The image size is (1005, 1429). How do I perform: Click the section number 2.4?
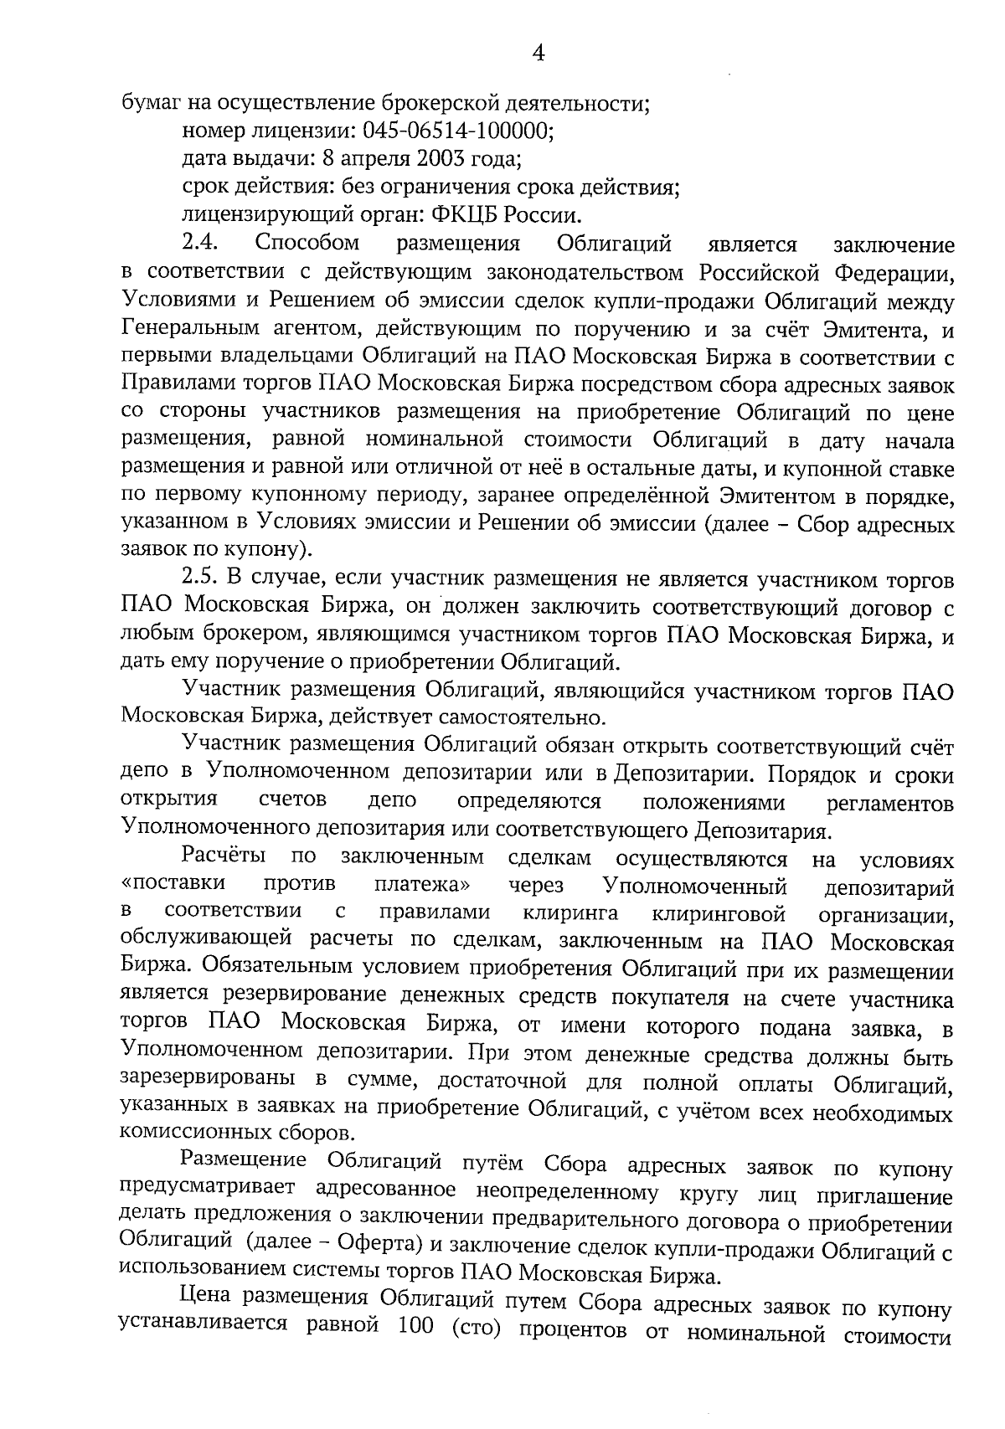click(x=199, y=244)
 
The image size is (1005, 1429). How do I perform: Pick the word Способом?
click(x=307, y=244)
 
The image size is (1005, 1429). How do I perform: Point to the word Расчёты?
click(x=224, y=857)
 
